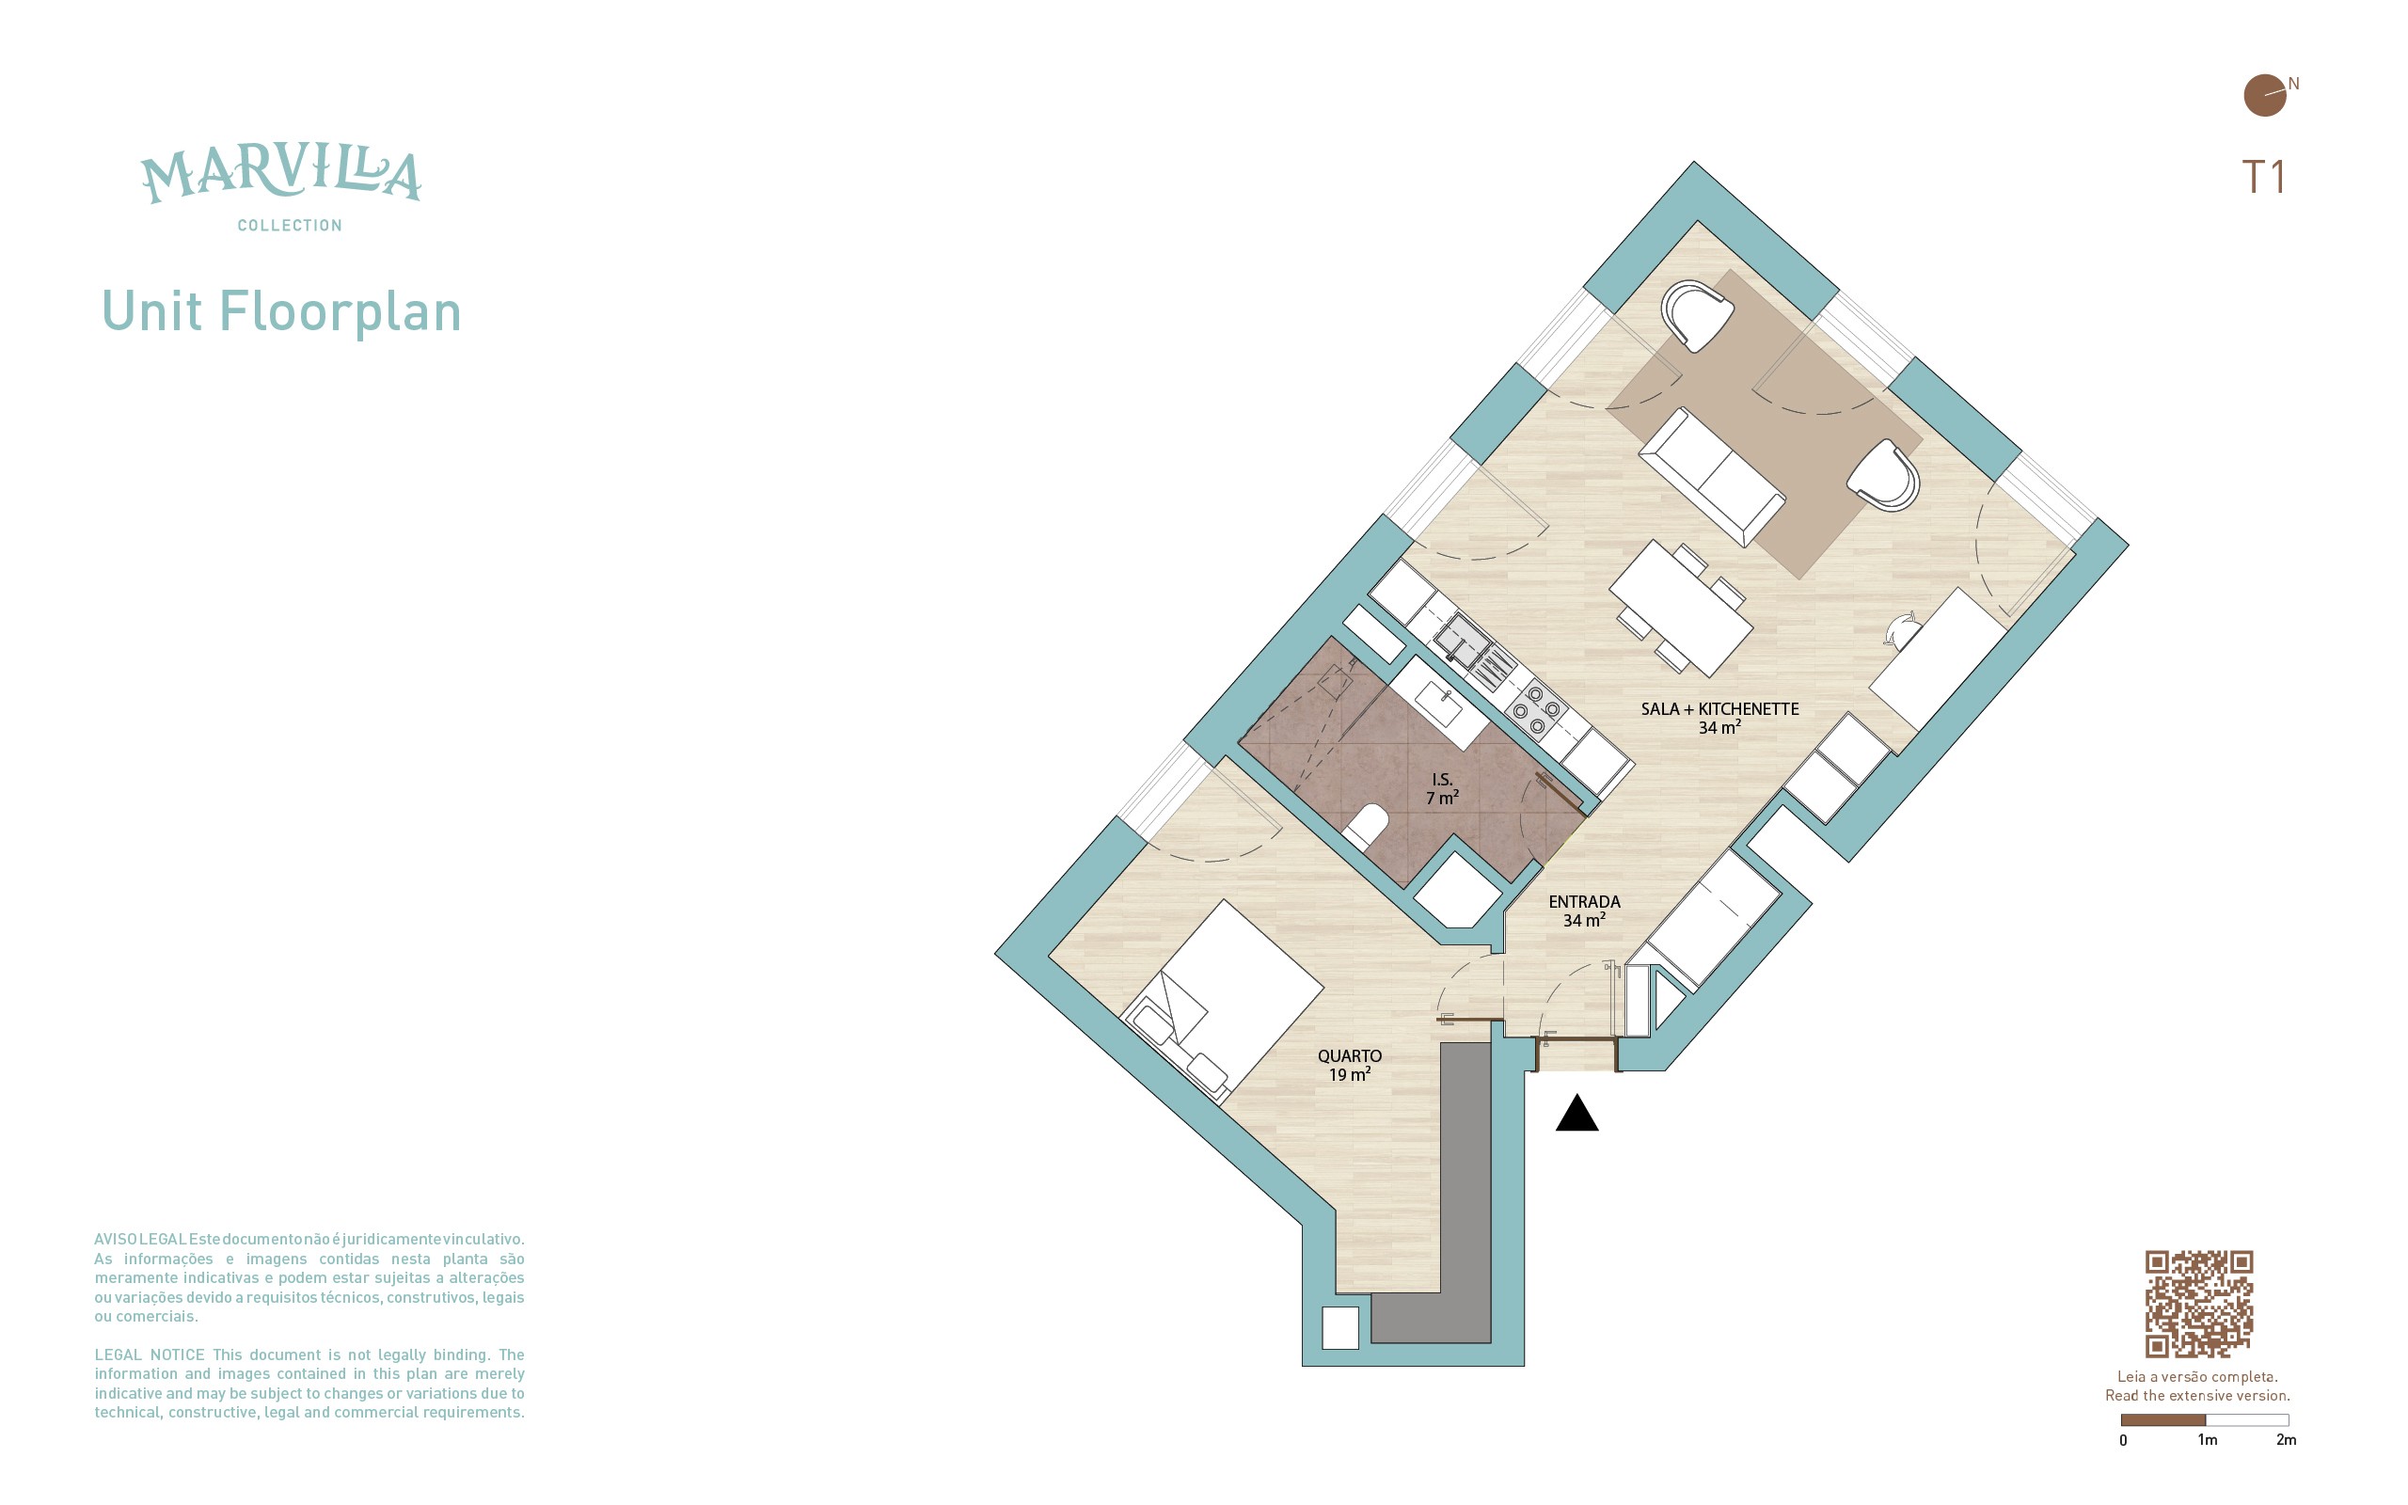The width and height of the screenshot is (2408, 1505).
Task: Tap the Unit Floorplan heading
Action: click(x=281, y=311)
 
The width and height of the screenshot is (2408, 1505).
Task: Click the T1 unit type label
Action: click(x=2263, y=177)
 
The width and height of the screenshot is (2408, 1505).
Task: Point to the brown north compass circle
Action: click(x=2265, y=96)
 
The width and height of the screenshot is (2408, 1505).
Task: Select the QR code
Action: click(x=2198, y=1304)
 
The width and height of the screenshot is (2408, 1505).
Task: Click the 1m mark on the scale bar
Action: click(x=2207, y=1439)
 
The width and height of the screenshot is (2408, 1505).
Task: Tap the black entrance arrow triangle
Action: click(x=1577, y=1115)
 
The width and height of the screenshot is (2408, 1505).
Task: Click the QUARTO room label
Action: click(x=1349, y=1056)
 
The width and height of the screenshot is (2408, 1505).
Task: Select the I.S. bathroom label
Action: click(x=1442, y=780)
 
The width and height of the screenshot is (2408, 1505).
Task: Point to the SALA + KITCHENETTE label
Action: click(x=1719, y=708)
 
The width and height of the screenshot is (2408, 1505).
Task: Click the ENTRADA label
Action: click(x=1584, y=902)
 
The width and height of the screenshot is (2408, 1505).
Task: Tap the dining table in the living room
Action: click(x=1681, y=609)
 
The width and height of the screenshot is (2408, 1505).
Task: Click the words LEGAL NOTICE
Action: click(x=150, y=1354)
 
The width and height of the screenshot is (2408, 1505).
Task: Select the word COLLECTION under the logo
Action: click(x=290, y=226)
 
